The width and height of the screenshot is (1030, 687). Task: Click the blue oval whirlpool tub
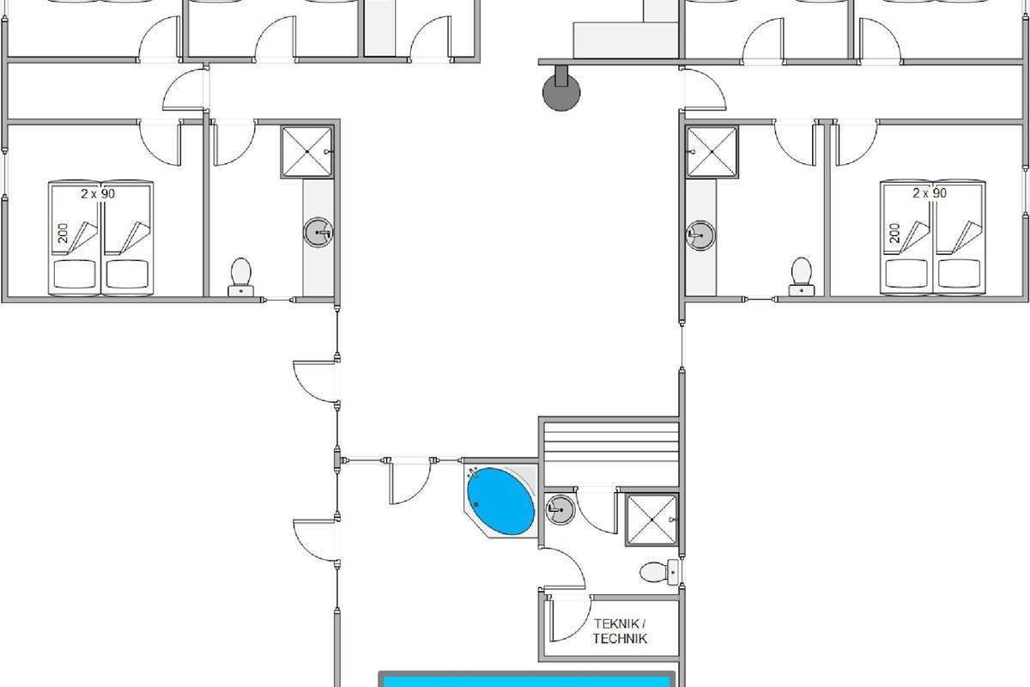point(500,502)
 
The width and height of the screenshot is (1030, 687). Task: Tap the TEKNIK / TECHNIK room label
point(620,631)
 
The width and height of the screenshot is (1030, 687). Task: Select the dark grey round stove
point(561,92)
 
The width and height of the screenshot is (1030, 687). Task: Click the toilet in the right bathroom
point(802,277)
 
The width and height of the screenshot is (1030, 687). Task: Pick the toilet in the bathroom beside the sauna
point(659,573)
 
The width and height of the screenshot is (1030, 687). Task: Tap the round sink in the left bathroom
point(318,233)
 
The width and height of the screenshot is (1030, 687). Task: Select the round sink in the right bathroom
point(700,235)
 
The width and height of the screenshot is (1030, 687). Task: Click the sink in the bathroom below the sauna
point(560,510)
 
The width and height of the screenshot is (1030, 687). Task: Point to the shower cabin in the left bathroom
point(306,152)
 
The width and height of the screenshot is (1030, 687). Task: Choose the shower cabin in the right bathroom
point(712,152)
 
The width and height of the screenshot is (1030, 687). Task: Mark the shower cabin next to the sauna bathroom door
point(652,520)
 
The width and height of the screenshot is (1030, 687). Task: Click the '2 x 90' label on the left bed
point(98,194)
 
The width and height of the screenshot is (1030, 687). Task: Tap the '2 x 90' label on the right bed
point(930,193)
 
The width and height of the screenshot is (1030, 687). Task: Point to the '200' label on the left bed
point(63,234)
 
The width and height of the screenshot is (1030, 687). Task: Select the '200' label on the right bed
point(894,233)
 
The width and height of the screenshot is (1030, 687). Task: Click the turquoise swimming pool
point(526,680)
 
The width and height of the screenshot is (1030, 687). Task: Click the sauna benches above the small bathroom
point(611,453)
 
